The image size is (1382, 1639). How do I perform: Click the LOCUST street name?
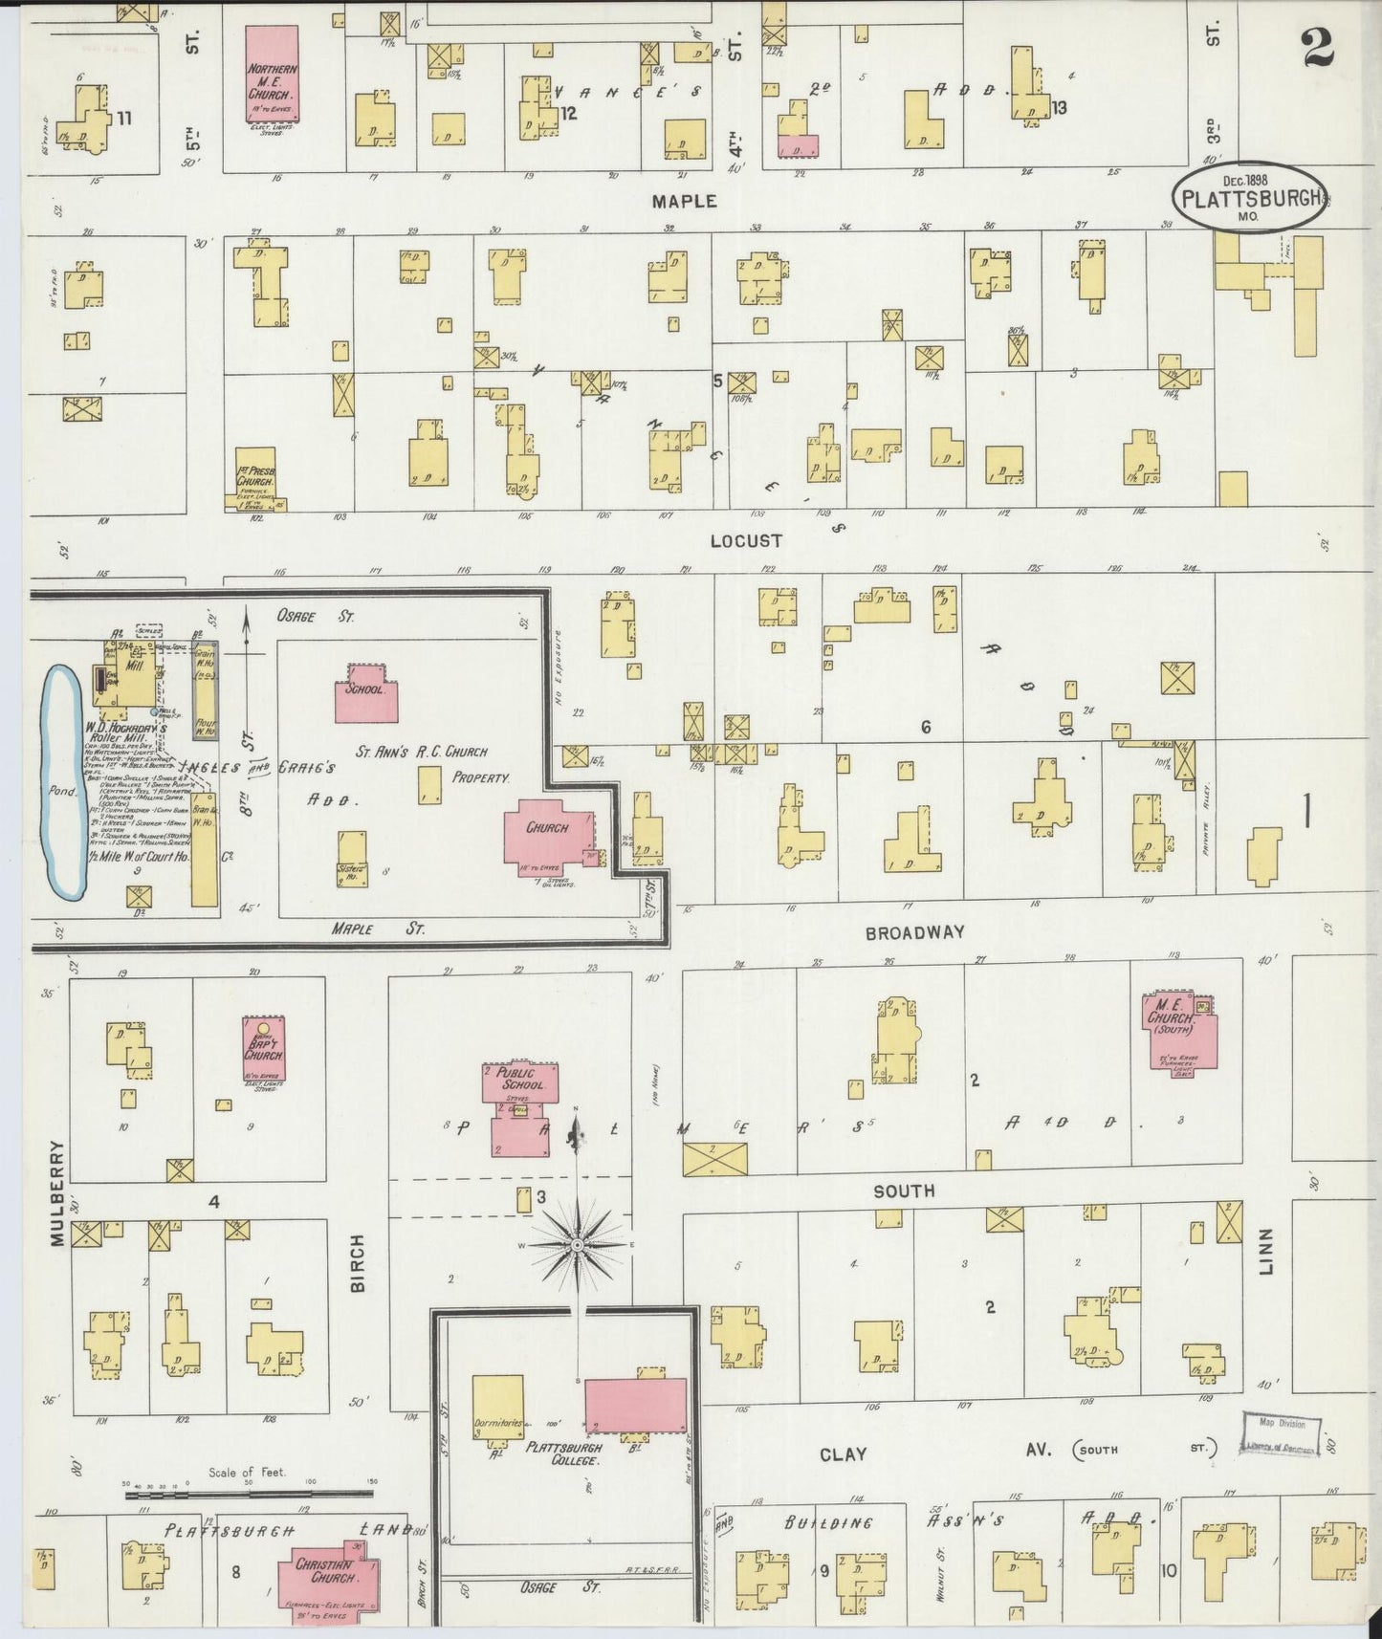click(x=746, y=541)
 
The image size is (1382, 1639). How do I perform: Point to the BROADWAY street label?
click(x=914, y=932)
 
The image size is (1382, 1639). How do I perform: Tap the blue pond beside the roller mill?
click(x=64, y=782)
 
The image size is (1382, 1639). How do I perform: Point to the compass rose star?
click(x=577, y=1244)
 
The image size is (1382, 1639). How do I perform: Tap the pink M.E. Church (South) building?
click(x=1181, y=1031)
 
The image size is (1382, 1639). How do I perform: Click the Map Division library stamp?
click(x=1281, y=1433)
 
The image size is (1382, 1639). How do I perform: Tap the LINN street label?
click(x=1266, y=1252)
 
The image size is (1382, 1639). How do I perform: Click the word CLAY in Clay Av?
click(x=843, y=1454)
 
